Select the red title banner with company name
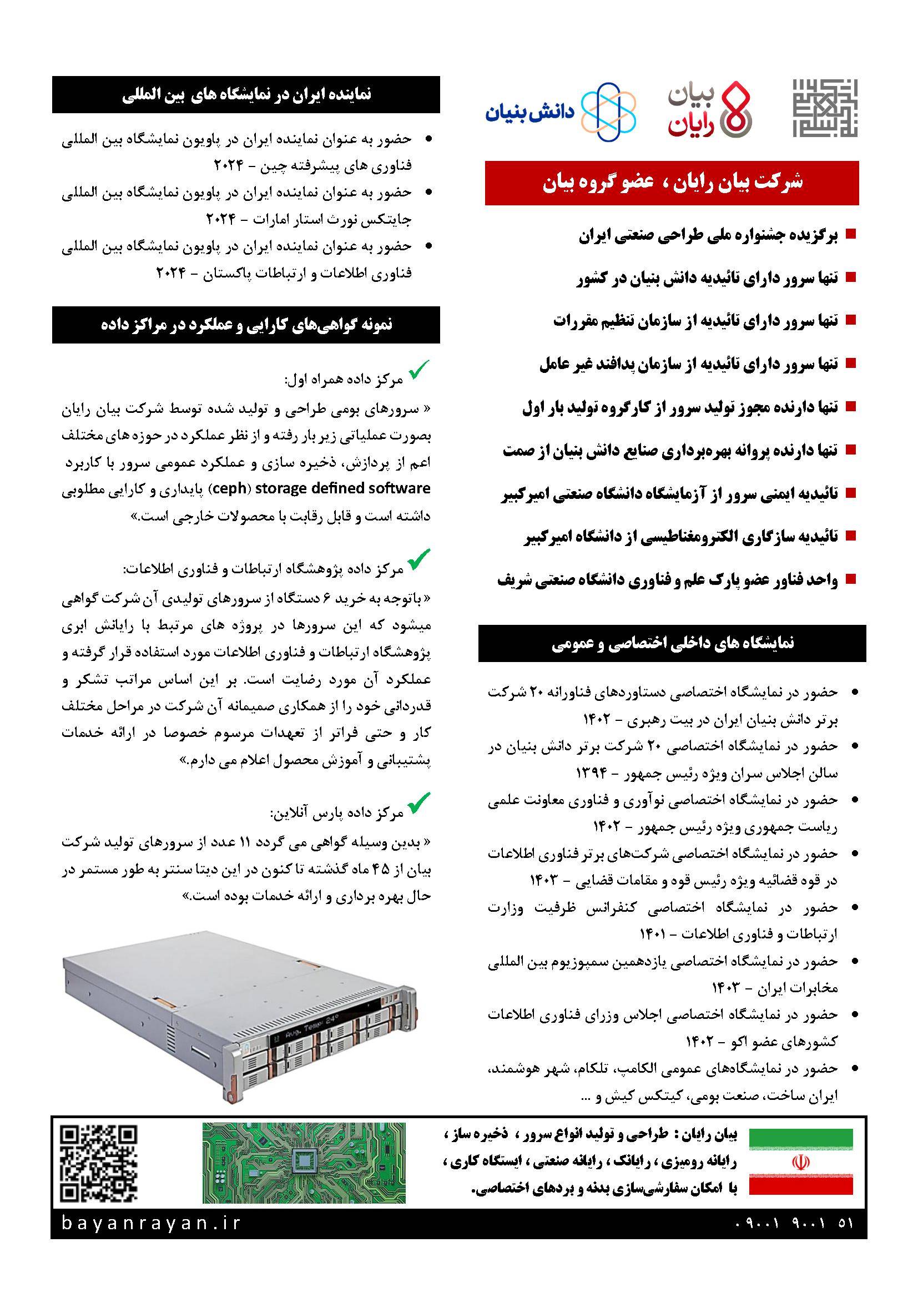point(672,183)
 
